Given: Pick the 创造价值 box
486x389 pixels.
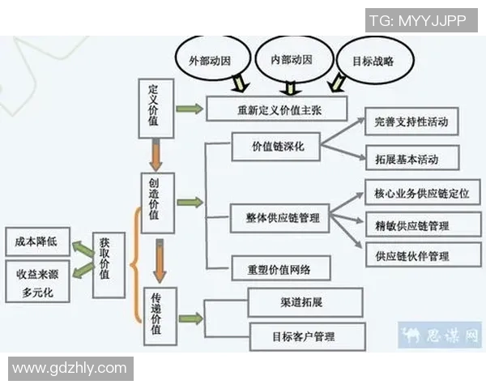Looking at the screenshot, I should pyautogui.click(x=157, y=203).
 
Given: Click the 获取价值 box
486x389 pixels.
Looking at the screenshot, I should pyautogui.click(x=108, y=259).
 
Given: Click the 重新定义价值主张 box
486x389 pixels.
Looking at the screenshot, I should pyautogui.click(x=276, y=109).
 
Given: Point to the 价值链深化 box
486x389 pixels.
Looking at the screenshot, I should pyautogui.click(x=275, y=149).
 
